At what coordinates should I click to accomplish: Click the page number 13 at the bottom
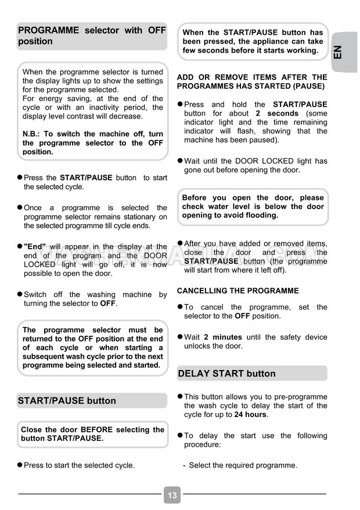tap(172, 495)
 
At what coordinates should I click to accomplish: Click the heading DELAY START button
tap(226, 373)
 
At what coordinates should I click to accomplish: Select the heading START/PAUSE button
tap(67, 401)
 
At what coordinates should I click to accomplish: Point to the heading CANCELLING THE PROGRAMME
tap(237, 290)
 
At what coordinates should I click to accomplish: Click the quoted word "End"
tap(34, 246)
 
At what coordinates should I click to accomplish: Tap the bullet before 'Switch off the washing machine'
tap(20, 294)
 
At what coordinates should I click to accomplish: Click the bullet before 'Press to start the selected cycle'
tap(20, 465)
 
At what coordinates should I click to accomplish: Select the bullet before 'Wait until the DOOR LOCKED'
tap(180, 161)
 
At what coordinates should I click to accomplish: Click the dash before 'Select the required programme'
tap(184, 465)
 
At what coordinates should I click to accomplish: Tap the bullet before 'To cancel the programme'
tap(180, 307)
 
